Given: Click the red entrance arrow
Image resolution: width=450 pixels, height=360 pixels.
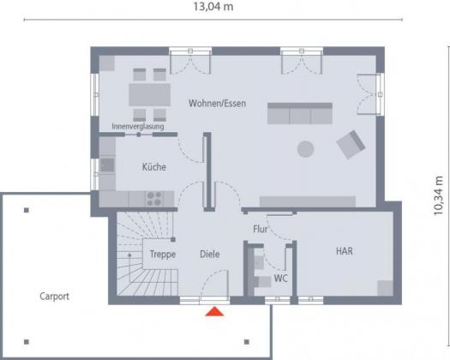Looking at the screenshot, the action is point(214,311).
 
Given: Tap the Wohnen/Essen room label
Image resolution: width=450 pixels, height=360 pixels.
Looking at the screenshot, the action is point(217,104).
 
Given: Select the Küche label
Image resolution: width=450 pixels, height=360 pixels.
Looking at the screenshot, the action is point(154,167).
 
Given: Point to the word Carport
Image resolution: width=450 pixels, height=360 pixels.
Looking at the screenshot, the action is point(54,297).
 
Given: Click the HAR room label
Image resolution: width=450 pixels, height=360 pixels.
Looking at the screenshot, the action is point(345,251).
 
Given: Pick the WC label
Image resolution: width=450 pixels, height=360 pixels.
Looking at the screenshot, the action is point(280,279).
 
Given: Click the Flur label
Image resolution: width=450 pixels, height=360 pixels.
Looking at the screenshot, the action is point(261,229).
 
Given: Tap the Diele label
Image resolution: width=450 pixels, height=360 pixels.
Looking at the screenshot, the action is point(210,254).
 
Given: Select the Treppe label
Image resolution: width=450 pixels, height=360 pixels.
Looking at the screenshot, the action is point(163,254).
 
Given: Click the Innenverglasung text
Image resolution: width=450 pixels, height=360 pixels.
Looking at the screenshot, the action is point(138,127).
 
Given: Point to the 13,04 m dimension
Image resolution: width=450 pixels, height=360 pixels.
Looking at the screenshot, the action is point(213,7).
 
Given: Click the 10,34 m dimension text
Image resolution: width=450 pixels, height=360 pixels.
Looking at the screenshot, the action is point(439,195).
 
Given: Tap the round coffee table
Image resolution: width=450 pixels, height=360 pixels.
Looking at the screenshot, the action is point(306,149).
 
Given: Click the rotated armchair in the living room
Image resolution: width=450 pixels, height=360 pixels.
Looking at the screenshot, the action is point(351,144).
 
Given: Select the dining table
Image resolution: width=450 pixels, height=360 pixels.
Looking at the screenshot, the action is point(149,95).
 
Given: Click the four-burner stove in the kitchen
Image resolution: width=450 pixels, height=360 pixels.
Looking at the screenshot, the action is point(154,199).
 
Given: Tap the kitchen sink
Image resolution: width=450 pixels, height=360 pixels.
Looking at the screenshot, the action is point(107,165).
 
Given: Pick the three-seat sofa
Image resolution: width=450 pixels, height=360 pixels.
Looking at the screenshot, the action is point(300,113).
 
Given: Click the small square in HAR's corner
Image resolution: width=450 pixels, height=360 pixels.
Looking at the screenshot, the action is point(385,288).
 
